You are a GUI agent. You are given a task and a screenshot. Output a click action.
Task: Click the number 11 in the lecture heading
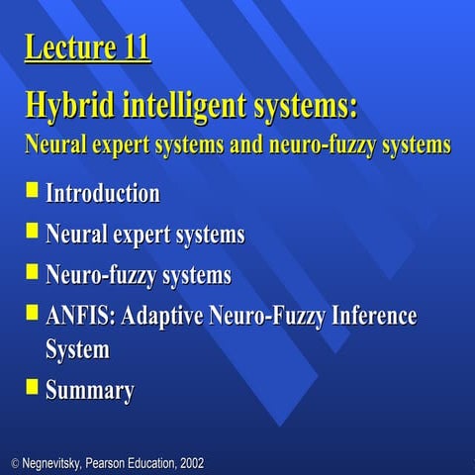[x=133, y=47]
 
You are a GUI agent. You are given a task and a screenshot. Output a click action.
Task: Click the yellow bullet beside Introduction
[x=33, y=188]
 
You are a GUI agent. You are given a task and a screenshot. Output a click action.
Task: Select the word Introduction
[x=103, y=193]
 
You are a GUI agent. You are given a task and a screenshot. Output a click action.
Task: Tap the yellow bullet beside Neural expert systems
[x=33, y=230]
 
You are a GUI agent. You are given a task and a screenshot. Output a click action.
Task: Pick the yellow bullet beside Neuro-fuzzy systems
[x=33, y=269]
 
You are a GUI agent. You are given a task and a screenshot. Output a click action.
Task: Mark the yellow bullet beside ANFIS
[x=33, y=312]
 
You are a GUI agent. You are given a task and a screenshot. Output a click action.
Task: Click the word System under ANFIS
[x=77, y=349]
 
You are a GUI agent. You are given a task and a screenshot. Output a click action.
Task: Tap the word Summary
[x=90, y=391]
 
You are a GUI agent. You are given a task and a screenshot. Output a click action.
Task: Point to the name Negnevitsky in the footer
[x=57, y=463]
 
